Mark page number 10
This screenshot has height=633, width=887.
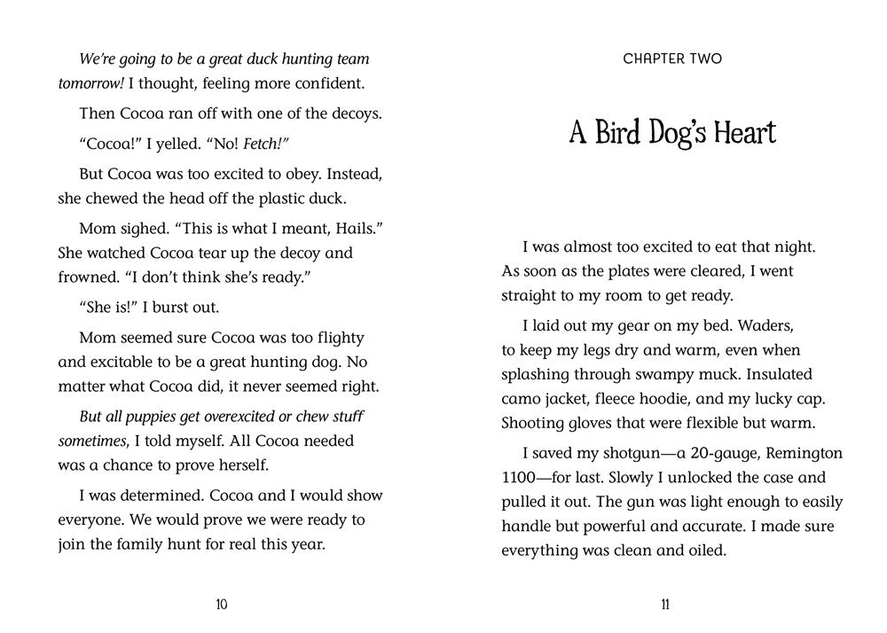coord(221,605)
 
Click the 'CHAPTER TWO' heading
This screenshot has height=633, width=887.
coord(672,59)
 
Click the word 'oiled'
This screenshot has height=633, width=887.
coord(703,550)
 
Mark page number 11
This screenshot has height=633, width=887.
coord(664,605)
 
